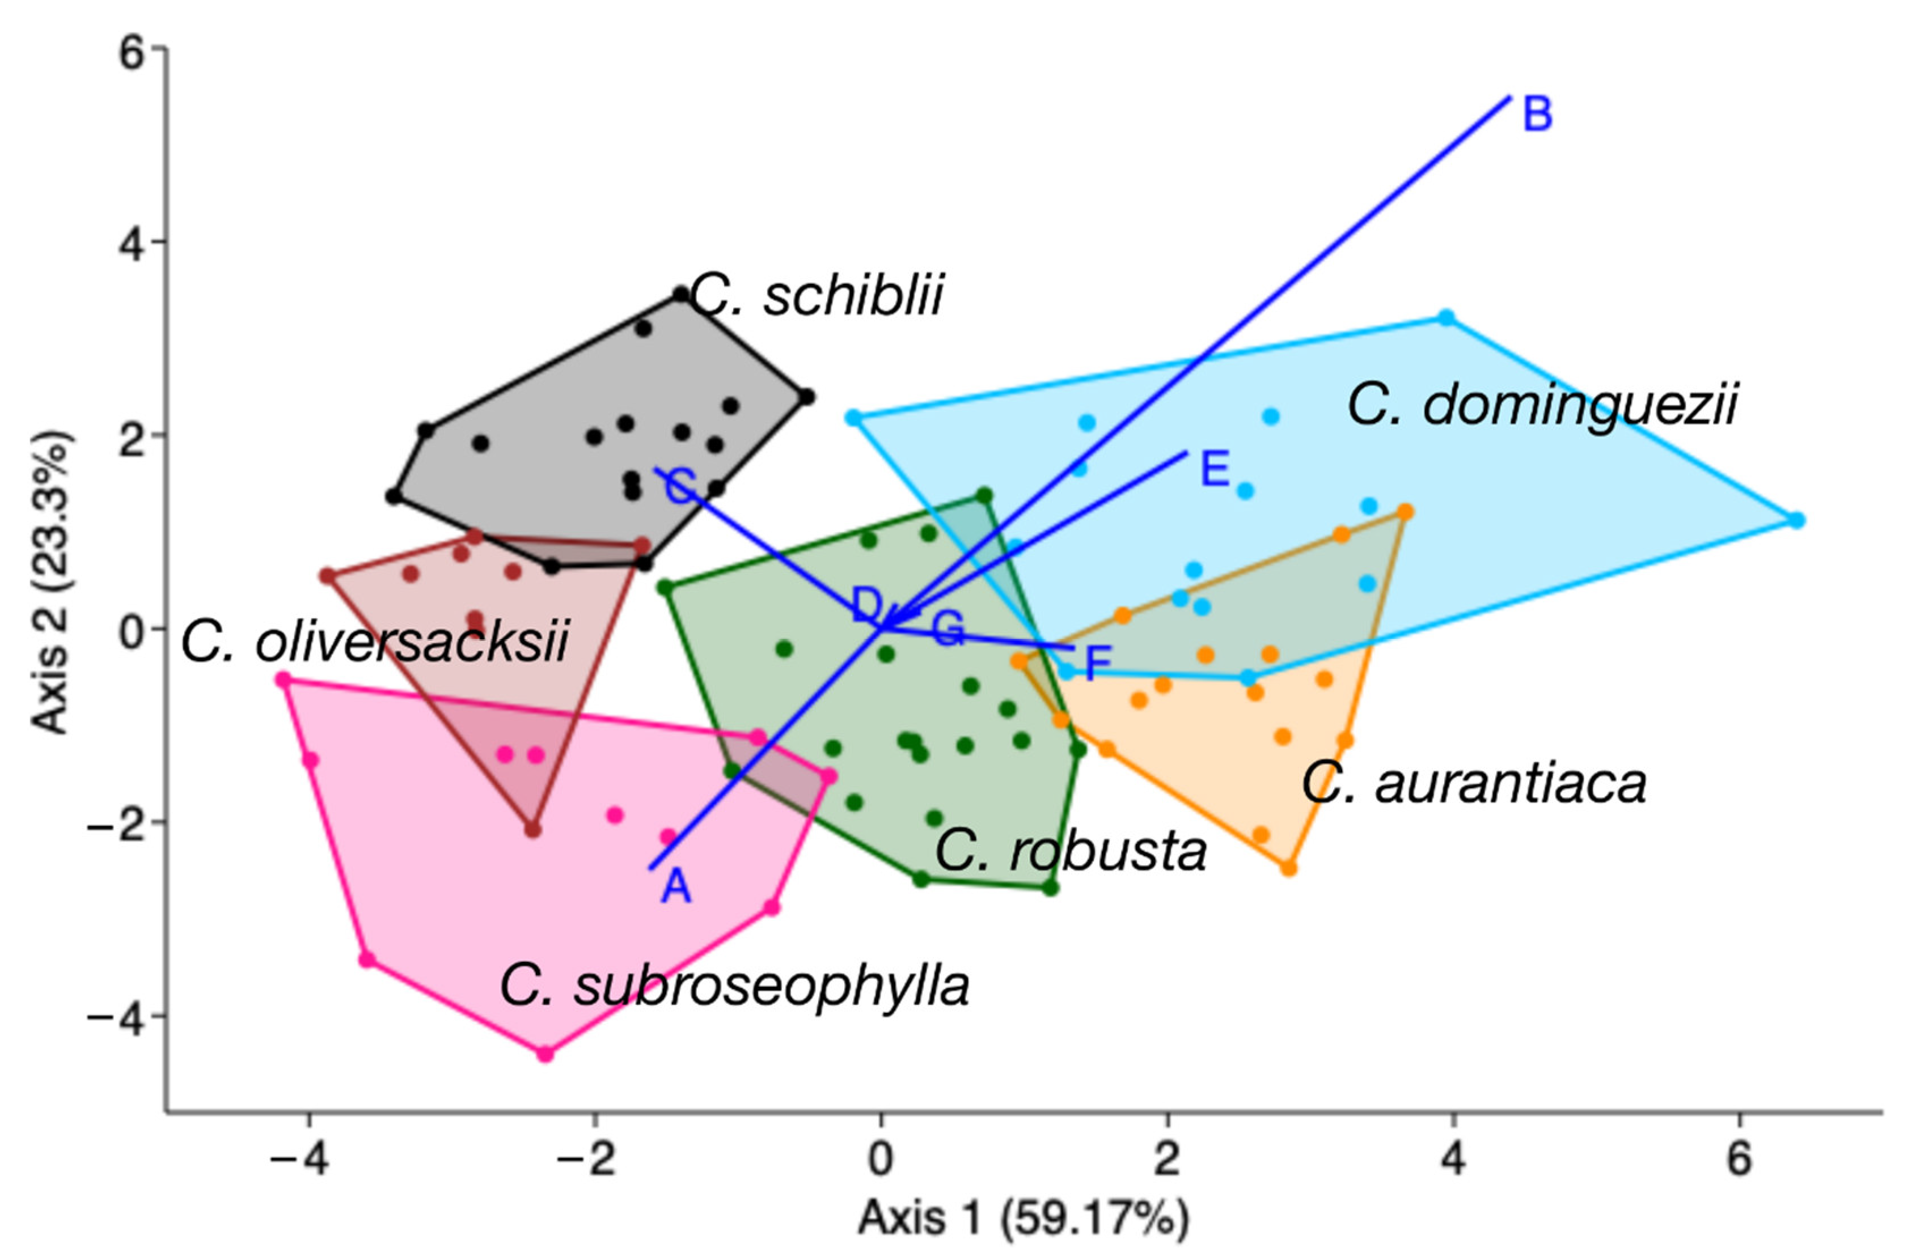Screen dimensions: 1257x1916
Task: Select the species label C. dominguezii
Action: point(1542,405)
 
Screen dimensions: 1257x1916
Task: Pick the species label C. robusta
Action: point(1071,851)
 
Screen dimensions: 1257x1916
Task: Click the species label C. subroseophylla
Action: point(734,986)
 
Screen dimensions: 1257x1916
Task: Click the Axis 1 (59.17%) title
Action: point(1022,1217)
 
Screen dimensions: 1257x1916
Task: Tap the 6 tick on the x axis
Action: point(1740,1160)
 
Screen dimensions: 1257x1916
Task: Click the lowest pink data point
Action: point(545,1054)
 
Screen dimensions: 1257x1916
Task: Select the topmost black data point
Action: point(681,295)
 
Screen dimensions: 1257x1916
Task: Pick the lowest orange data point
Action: point(1289,868)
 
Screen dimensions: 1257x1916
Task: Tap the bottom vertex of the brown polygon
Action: point(532,830)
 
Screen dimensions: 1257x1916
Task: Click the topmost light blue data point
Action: point(1446,318)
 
